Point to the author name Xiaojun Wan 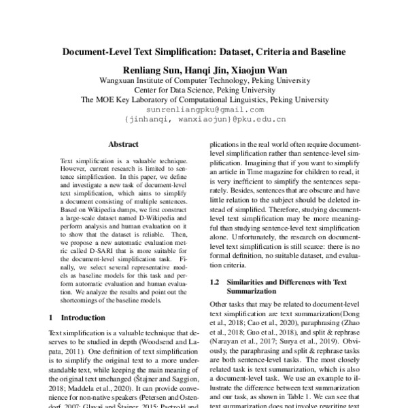(257, 70)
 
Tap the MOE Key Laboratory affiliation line (204, 99)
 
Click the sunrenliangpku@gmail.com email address (204, 109)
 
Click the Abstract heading (123, 144)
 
